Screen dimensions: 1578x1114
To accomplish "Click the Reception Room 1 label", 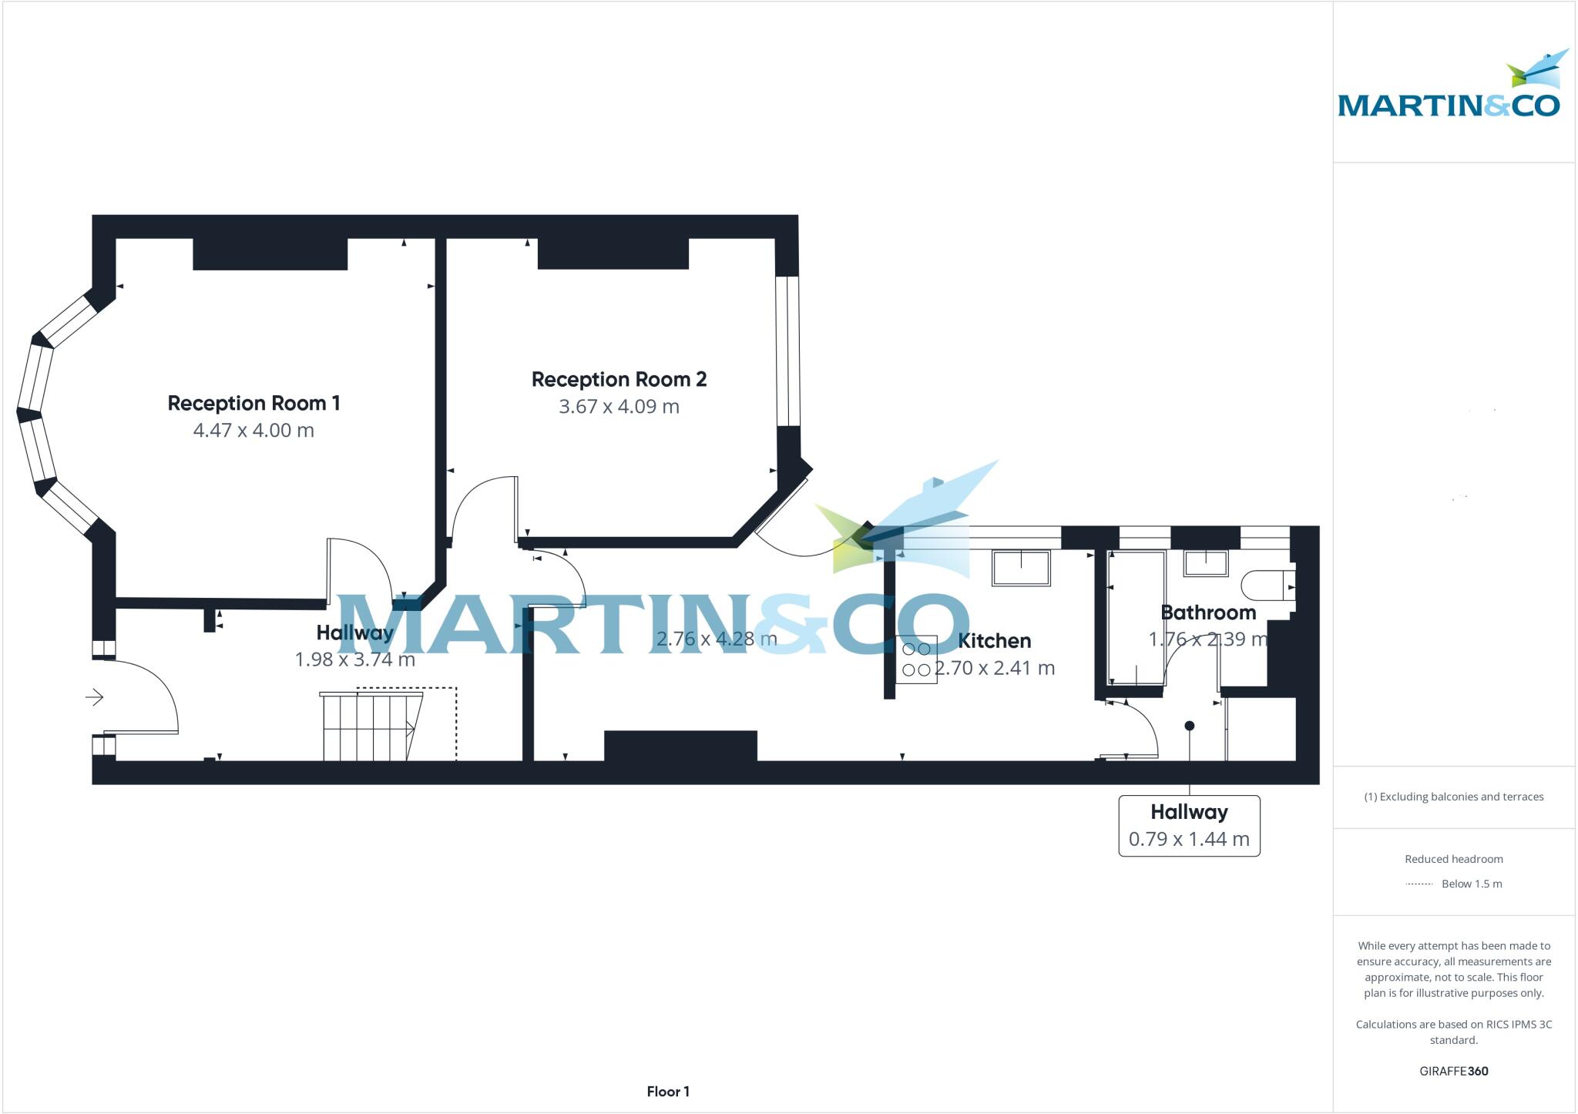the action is [253, 403].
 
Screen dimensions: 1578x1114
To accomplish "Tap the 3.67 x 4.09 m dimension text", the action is [619, 407].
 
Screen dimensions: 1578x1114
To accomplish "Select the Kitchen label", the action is [994, 640].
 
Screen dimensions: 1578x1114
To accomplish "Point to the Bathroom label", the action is [1207, 612].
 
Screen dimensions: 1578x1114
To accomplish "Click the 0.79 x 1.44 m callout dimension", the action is [1188, 839].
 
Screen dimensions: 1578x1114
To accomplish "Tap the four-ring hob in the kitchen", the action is [916, 659].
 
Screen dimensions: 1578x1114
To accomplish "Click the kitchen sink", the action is [1021, 569].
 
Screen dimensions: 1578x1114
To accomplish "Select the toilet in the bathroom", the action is [1267, 586].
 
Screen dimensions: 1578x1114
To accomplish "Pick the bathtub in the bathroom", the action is [1136, 618].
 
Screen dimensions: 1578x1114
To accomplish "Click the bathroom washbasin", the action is [1205, 563].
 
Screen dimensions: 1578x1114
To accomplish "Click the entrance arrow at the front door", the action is [94, 697].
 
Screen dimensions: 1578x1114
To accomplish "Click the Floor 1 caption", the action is [668, 1091].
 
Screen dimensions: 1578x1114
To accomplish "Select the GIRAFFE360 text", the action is [1453, 1071].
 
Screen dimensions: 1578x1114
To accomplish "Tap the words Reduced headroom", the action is [1453, 859].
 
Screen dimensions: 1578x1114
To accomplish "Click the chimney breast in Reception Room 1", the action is [270, 253].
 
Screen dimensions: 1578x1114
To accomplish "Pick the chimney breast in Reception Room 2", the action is [613, 253].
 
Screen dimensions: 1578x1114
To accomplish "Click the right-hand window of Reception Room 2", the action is [787, 351].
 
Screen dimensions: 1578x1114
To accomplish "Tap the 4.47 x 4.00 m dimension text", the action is [253, 431].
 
